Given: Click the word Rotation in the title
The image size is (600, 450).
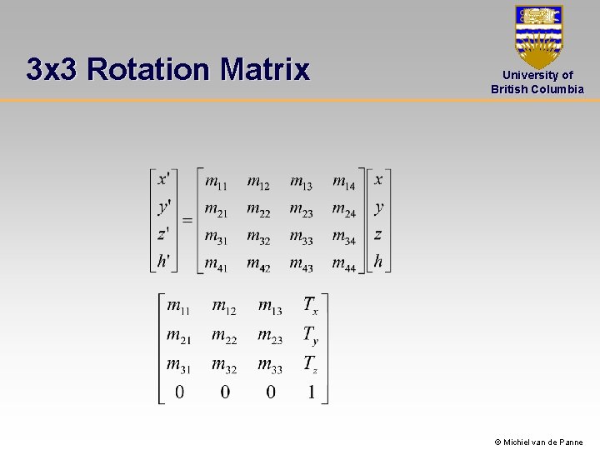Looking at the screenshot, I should pos(147,69).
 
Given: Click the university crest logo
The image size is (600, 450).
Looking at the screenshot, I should pos(538,37).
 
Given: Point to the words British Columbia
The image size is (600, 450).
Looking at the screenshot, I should pos(537,89).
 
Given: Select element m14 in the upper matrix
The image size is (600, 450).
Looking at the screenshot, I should pos(343,182).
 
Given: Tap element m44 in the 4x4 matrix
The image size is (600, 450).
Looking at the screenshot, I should pos(343,263).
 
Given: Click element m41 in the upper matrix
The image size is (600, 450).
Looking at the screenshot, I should pos(216,263).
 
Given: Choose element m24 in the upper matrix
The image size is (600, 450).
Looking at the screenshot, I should pos(343,209).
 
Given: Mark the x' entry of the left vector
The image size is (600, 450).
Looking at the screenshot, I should pos(163,179).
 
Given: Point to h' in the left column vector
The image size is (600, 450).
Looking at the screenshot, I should pos(163,261).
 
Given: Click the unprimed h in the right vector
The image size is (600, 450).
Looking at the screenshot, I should pos(378,261).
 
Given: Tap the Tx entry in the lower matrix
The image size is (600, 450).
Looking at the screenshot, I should pos(310,307).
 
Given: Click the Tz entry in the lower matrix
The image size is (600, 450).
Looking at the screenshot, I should pos(310,364).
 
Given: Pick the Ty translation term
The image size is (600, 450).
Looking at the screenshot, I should pos(310,336).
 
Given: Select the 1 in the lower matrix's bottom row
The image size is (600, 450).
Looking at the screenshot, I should pos(311,392).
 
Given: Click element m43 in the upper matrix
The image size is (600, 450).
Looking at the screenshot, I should pos(301,263).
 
